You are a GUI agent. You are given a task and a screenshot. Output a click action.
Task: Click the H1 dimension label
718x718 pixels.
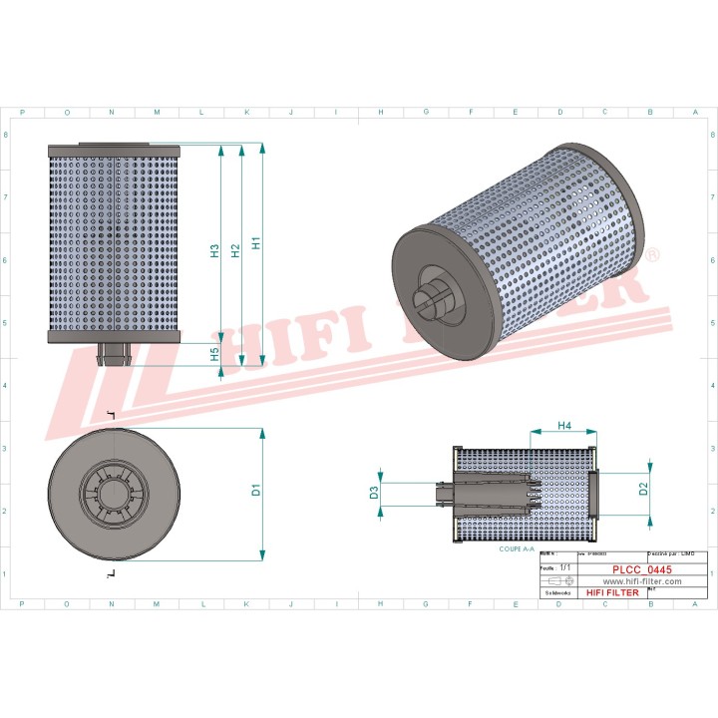[x=256, y=241]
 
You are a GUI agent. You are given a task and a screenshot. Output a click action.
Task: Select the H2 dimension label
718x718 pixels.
[x=235, y=251]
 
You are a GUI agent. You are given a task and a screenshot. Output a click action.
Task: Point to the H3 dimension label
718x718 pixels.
[x=214, y=251]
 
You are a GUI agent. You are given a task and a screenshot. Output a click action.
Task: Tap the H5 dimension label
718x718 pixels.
[x=214, y=353]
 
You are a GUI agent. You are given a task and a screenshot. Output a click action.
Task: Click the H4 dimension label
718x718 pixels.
[x=563, y=426]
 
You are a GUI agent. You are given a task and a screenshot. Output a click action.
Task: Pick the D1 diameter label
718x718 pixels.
[x=255, y=490]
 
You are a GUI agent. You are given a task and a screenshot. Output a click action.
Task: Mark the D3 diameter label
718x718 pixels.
[x=374, y=493]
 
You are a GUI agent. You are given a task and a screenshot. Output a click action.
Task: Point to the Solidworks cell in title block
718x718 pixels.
[x=555, y=592]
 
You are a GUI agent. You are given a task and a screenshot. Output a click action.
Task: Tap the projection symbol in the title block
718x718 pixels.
[x=561, y=580]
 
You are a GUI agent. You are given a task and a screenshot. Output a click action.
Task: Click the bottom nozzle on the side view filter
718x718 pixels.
[x=113, y=354]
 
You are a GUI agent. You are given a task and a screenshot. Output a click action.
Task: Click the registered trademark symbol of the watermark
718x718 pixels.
[x=652, y=256]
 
